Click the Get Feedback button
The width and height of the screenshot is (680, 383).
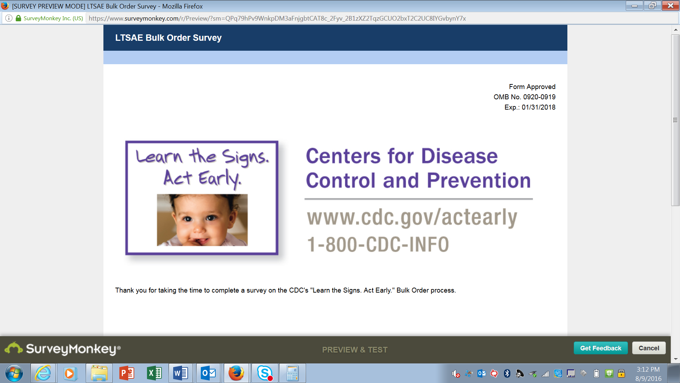pos(601,348)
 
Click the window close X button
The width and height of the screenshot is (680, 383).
pos(670,6)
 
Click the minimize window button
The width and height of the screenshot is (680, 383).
pos(634,6)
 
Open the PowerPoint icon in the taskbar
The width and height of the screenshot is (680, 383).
pos(126,373)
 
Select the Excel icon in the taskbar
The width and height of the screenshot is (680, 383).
pos(154,373)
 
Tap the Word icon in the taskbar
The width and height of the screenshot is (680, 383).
pos(181,373)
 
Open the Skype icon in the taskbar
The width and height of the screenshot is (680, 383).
pos(265,373)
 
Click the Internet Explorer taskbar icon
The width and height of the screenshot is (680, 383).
pos(43,373)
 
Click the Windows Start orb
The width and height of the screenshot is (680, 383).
pos(14,373)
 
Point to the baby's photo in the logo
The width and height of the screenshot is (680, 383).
pos(202,220)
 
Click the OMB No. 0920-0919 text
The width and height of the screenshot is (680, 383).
pos(525,97)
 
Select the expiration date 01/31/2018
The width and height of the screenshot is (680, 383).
pos(538,107)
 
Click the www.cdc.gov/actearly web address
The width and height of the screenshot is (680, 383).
pos(412,217)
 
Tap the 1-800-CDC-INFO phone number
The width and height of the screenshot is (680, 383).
pos(378,244)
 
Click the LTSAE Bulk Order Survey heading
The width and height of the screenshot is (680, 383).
pos(168,38)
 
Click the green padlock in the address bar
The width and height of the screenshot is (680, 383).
pos(18,18)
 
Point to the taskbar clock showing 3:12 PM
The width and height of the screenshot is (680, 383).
pos(648,370)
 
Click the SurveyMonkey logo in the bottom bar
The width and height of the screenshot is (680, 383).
pos(63,349)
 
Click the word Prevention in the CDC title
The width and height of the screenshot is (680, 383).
pos(479,181)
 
